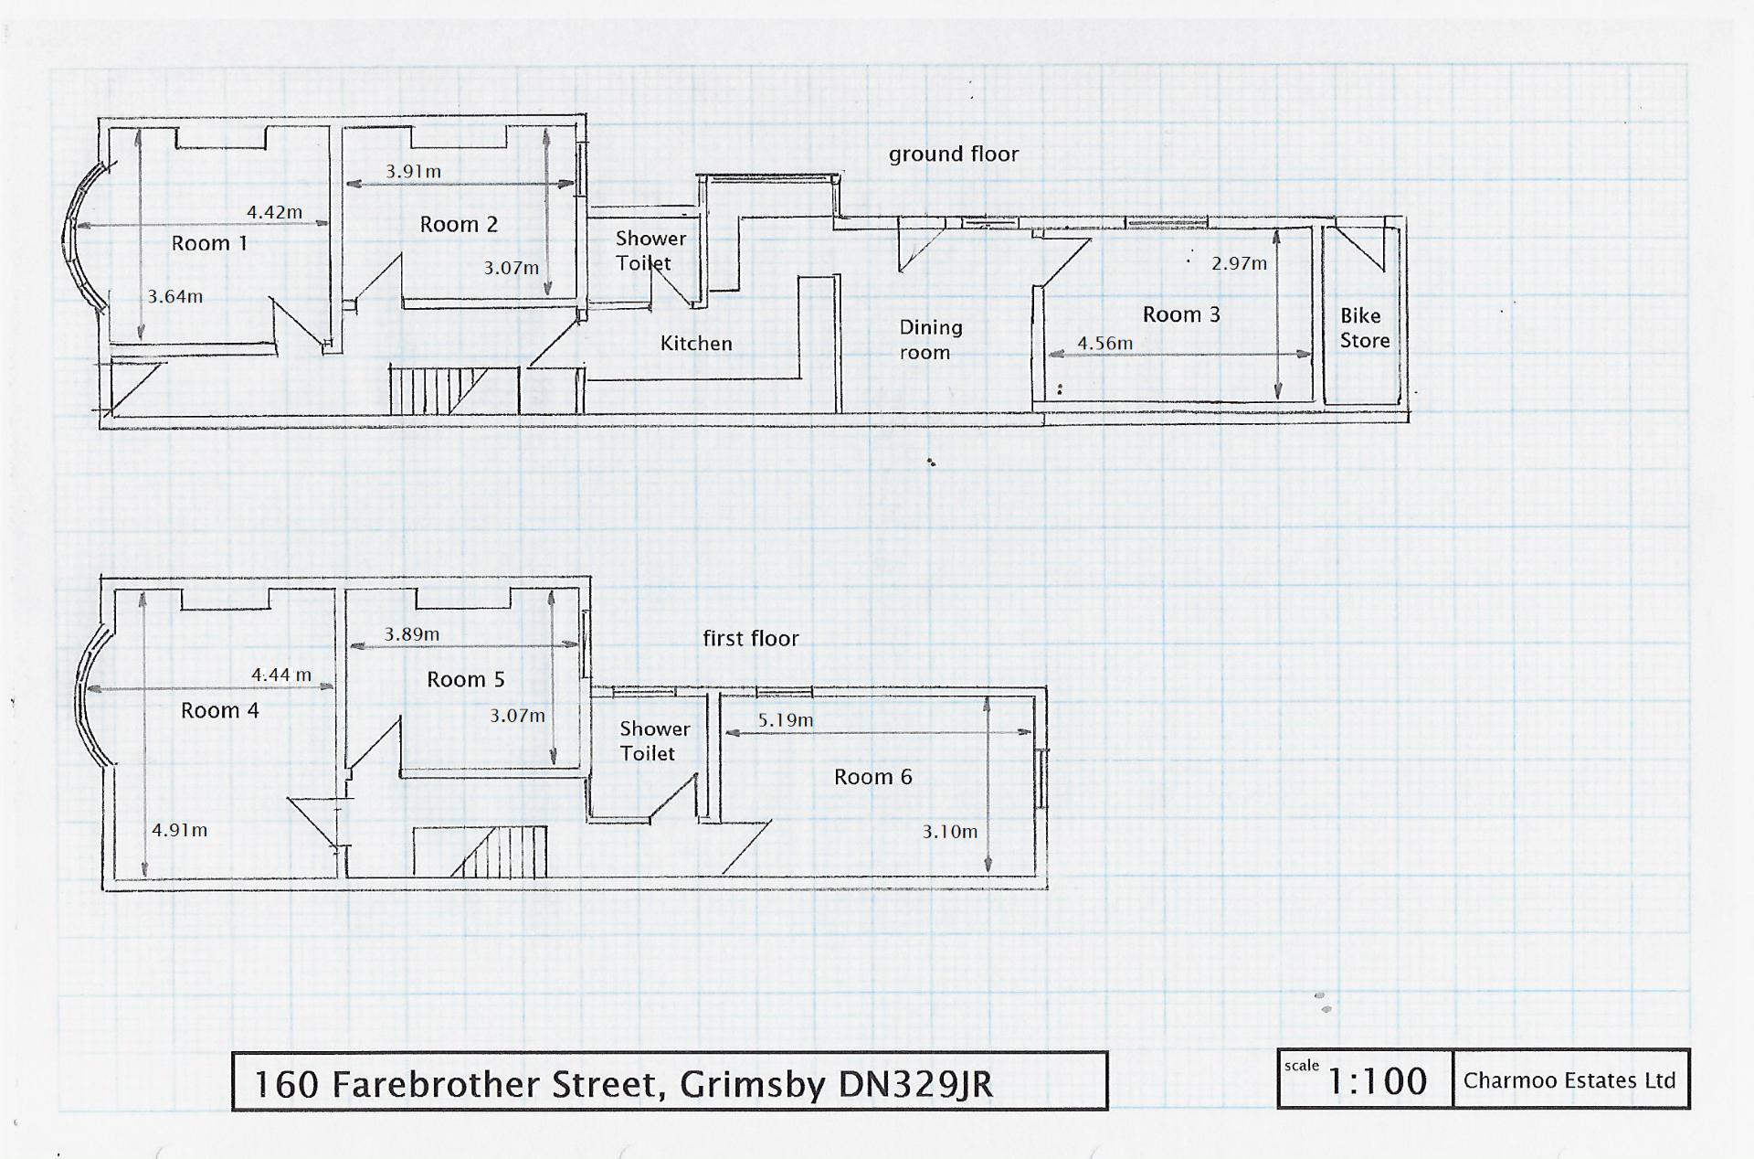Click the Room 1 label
209,243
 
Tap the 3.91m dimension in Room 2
413,171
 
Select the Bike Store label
1364,328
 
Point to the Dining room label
930,339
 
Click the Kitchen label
696,344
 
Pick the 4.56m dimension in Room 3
1104,344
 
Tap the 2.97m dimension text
1239,263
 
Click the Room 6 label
872,777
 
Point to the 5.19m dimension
785,720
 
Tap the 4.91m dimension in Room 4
179,830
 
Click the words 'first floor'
750,638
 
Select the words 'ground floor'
953,154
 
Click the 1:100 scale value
1376,1081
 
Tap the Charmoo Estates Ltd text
1569,1080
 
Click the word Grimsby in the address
752,1084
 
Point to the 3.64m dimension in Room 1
174,296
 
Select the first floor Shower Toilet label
653,741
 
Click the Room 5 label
465,679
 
